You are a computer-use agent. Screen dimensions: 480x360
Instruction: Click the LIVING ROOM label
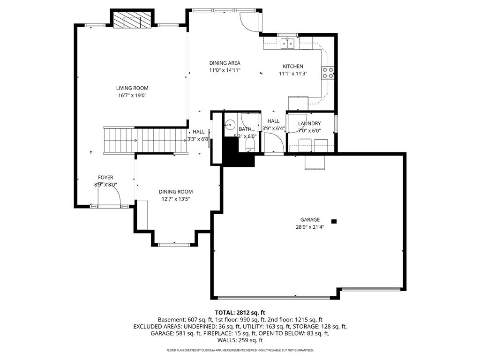coord(132,88)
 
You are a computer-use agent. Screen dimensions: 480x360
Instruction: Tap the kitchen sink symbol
coord(287,44)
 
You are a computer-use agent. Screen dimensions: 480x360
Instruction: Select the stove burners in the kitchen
coord(328,73)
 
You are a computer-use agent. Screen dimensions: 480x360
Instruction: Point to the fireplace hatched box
coord(132,20)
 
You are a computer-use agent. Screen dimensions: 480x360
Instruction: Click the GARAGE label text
coord(310,220)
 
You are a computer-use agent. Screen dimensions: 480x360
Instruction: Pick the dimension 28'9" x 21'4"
coord(310,227)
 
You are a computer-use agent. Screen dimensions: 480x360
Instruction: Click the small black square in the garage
coord(334,221)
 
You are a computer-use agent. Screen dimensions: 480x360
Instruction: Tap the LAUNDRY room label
coord(309,123)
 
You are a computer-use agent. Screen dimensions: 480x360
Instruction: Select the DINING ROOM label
coord(176,192)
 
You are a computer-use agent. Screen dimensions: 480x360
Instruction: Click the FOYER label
coord(105,178)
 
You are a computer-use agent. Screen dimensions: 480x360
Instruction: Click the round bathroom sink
coord(230,125)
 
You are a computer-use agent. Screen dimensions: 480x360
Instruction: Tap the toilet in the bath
coord(250,146)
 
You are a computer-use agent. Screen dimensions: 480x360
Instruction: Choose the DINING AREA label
coord(225,63)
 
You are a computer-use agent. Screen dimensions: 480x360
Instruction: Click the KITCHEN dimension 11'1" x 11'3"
coord(293,74)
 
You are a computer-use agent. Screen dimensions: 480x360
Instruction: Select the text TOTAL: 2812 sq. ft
coord(240,313)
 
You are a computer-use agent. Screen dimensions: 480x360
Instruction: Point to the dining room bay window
coord(174,244)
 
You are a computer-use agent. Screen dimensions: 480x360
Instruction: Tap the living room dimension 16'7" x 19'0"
coord(132,96)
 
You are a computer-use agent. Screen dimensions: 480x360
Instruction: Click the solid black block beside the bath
coord(236,153)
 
